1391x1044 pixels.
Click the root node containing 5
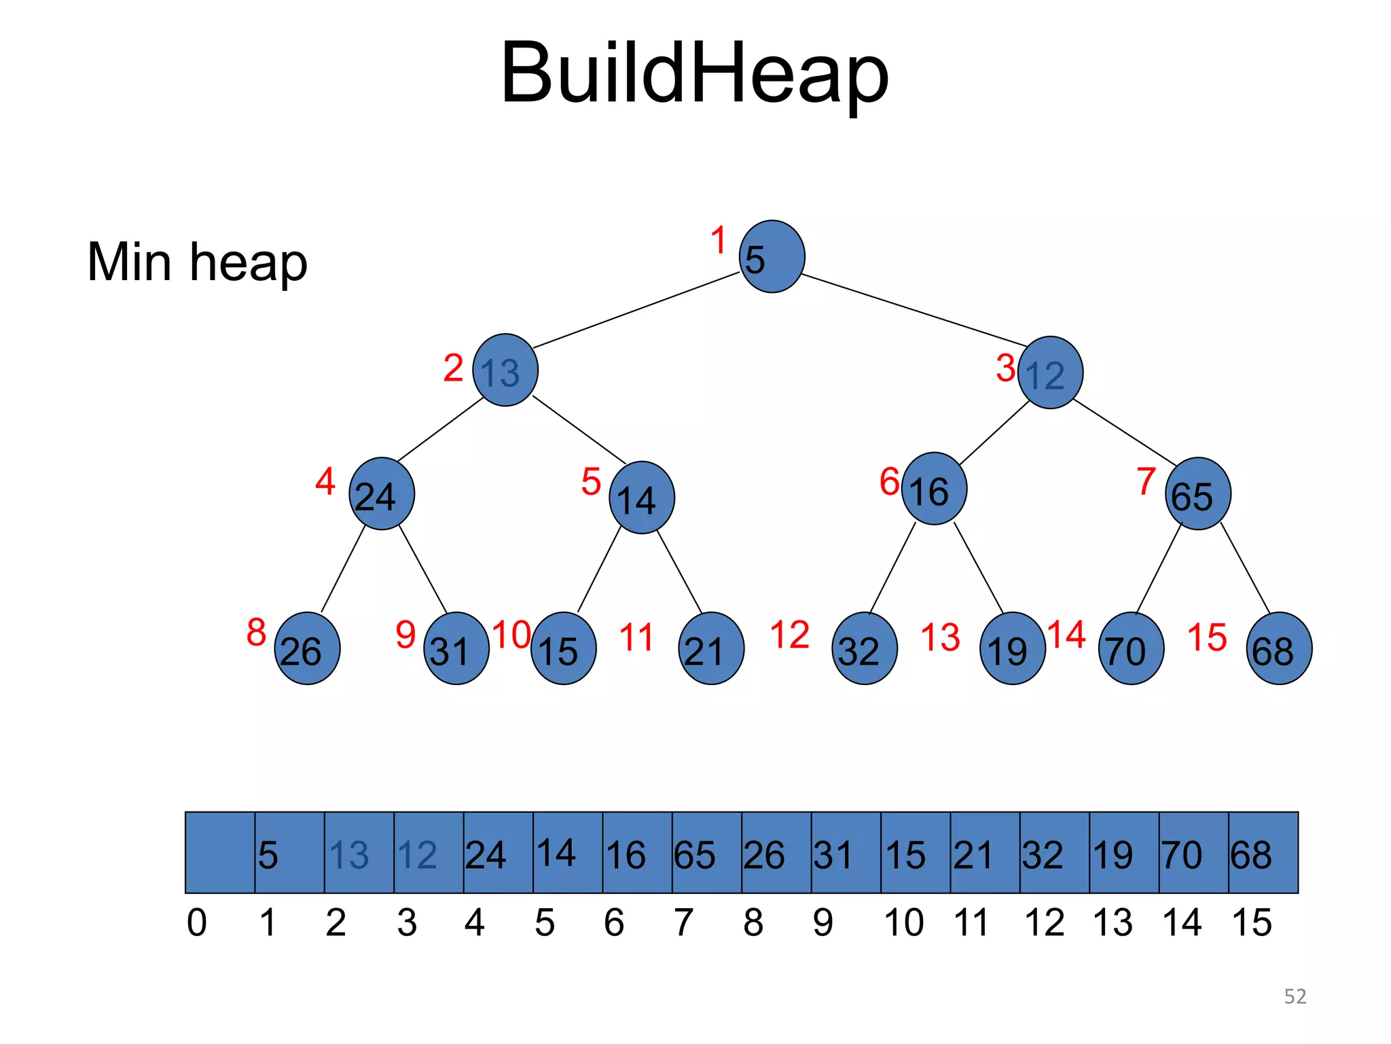[772, 256]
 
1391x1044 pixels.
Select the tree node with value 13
[505, 370]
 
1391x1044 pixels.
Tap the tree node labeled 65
[1197, 493]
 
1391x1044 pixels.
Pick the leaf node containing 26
[307, 648]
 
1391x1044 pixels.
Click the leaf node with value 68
[1279, 648]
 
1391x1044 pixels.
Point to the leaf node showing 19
[1012, 648]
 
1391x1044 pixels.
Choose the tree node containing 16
[934, 489]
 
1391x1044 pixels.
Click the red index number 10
[511, 635]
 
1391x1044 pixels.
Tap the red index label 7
[1146, 481]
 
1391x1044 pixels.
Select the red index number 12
[789, 635]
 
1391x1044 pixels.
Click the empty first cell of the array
[220, 852]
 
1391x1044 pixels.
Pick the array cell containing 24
[498, 852]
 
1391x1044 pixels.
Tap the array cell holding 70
[1193, 852]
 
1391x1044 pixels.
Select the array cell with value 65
[706, 852]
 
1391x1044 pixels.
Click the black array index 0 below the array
[197, 922]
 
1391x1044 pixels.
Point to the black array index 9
[823, 922]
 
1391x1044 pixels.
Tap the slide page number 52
[1295, 996]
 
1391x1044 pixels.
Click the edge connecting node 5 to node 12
[914, 310]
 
